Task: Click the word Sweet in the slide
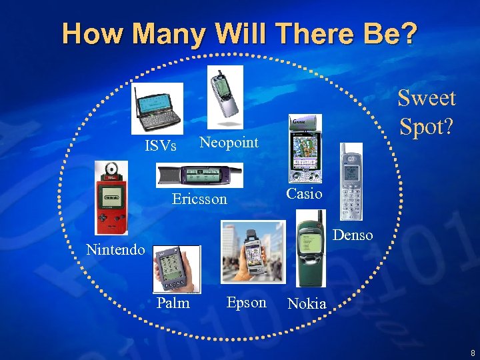tap(427, 98)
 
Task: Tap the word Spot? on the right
tap(427, 125)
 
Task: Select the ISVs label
tap(161, 145)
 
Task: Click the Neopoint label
tap(229, 141)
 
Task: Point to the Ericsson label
tap(199, 199)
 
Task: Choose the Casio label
tap(304, 193)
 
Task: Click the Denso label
tap(353, 235)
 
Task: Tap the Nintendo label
tap(116, 250)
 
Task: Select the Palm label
tap(173, 303)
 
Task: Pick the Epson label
tap(246, 302)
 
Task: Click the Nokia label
tap(307, 304)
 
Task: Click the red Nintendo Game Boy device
tap(111, 198)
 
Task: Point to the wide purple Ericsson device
tap(199, 175)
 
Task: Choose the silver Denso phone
tap(351, 182)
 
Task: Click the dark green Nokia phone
tap(310, 248)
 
